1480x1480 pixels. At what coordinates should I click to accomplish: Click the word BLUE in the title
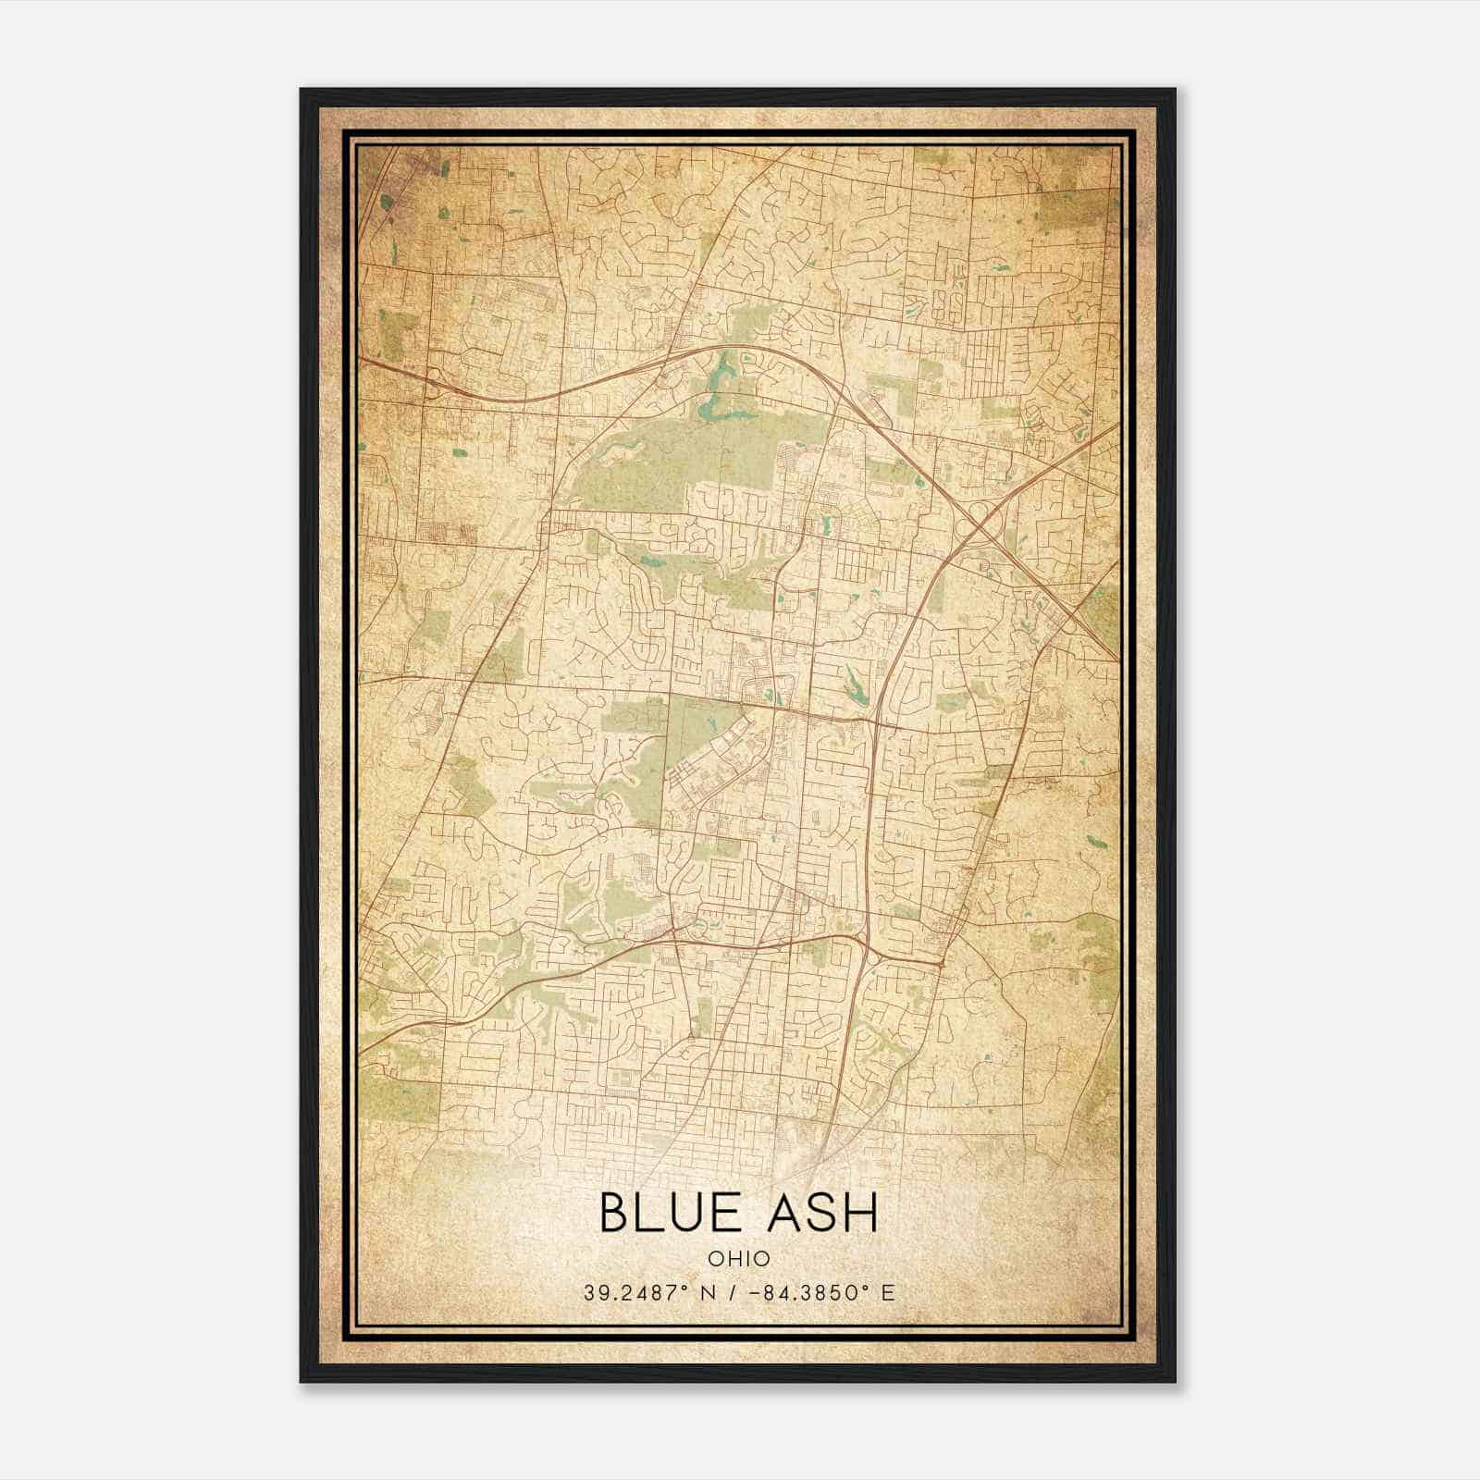click(x=668, y=1213)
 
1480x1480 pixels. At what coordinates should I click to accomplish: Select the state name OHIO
click(x=739, y=1259)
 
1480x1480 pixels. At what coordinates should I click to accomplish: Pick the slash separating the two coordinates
click(x=732, y=1293)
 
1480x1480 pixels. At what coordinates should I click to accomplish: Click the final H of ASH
click(x=859, y=1213)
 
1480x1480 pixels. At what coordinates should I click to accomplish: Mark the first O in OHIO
click(x=716, y=1259)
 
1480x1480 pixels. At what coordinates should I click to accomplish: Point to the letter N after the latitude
click(x=710, y=1293)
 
